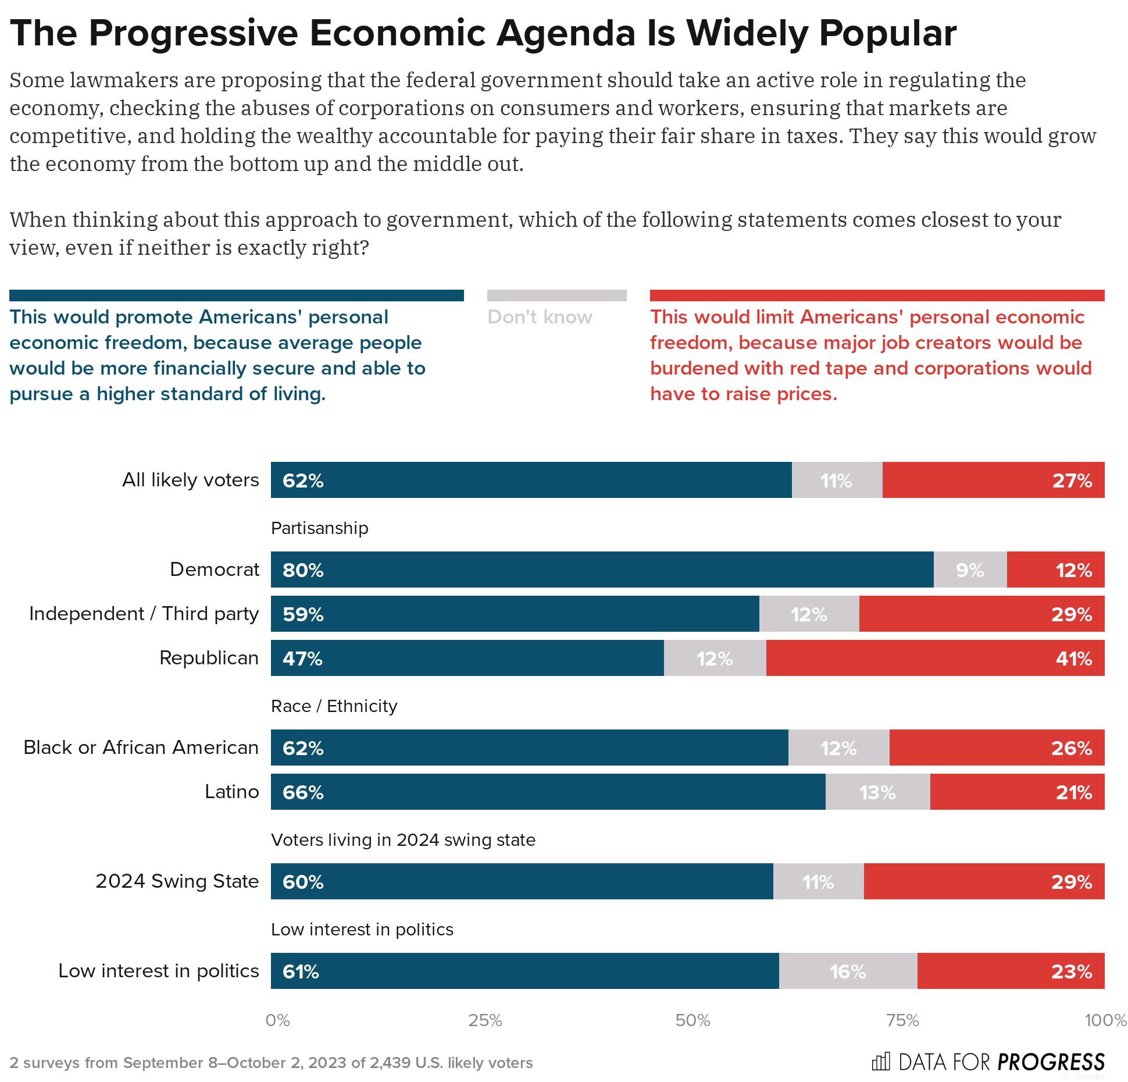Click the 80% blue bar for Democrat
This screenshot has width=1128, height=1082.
(602, 570)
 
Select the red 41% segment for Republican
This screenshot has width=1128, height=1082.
(935, 658)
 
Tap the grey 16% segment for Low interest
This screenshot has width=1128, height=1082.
(848, 971)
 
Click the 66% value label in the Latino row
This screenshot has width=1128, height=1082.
(303, 792)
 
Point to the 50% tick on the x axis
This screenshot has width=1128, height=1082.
(692, 1020)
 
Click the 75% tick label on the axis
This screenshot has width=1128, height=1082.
(902, 1020)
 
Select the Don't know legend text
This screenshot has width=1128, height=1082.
(540, 317)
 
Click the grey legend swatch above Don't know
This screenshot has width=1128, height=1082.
(556, 296)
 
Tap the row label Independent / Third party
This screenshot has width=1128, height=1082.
(144, 614)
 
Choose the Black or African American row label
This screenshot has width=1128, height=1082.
(141, 748)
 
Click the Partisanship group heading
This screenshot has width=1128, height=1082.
(319, 528)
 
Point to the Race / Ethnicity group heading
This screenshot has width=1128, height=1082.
(334, 706)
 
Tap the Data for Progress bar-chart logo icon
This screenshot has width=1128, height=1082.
(880, 1062)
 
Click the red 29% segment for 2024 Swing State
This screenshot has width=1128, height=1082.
(984, 881)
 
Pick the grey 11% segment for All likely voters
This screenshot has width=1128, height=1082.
(836, 481)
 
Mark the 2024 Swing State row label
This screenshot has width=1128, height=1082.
(177, 881)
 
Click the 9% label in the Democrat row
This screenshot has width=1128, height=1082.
(970, 570)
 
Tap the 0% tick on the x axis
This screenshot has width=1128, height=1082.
(277, 1020)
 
